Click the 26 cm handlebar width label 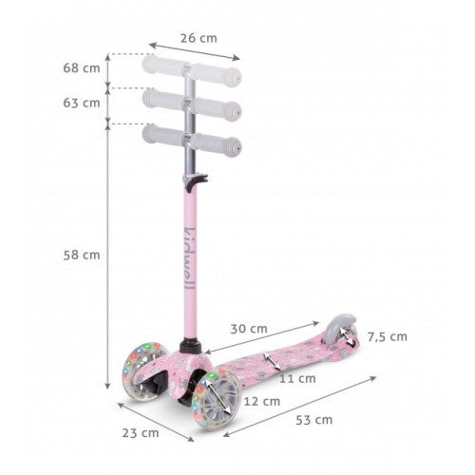(199, 38)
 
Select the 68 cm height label (82, 68)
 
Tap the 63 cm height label (82, 103)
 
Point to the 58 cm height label (82, 255)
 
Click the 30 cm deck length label (249, 329)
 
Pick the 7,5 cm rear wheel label (388, 337)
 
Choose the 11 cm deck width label (297, 378)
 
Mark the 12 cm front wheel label (262, 402)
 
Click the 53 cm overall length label (314, 420)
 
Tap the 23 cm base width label (141, 433)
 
